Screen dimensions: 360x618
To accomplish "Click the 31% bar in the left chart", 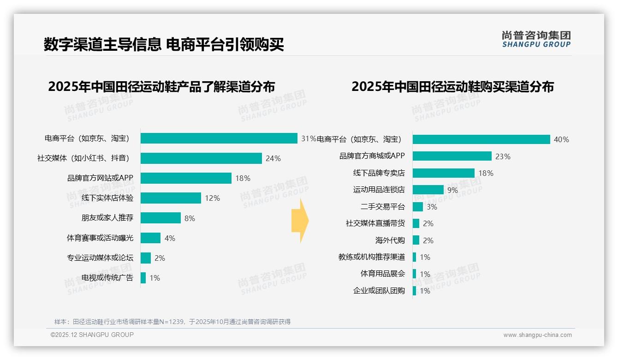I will coord(219,138).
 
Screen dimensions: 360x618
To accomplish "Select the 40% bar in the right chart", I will coord(481,139).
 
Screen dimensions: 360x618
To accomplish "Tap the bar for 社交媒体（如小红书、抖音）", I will coord(201,158).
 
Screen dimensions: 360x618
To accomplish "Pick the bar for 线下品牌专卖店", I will coord(443,173).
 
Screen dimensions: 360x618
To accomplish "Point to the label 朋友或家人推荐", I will coord(107,218).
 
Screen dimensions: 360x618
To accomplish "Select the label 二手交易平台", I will coord(382,207).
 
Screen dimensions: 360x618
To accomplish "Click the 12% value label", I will coord(212,198).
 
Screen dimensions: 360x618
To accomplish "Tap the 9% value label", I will coord(452,190).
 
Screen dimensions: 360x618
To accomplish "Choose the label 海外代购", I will coord(390,240).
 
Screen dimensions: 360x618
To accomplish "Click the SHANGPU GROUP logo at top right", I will coord(536,39).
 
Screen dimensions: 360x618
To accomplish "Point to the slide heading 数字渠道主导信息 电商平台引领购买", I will coord(164,44).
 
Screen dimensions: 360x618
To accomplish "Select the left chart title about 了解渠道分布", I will coord(161,87).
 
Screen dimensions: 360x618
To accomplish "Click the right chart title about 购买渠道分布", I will coord(452,87).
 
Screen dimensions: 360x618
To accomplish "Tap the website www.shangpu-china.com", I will coord(537,335).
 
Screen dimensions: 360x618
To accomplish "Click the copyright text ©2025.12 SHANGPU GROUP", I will coord(92,335).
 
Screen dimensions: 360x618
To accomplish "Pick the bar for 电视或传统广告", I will coord(143,278).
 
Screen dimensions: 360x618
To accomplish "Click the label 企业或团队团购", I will coord(379,291).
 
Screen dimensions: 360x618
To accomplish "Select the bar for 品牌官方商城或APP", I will coord(452,156).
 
